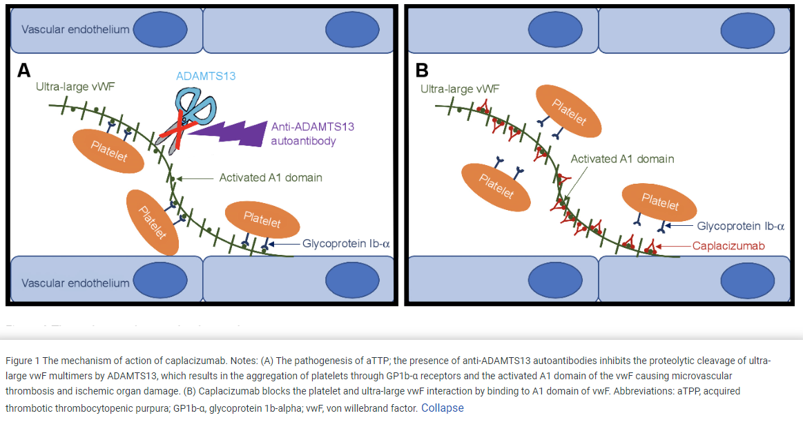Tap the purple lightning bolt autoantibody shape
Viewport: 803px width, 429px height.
pyautogui.click(x=228, y=131)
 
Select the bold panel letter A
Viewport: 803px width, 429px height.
pyautogui.click(x=24, y=70)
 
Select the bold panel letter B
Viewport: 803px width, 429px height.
pyautogui.click(x=422, y=70)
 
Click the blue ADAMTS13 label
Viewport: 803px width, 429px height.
pyautogui.click(x=206, y=75)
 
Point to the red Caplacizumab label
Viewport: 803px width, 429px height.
pyautogui.click(x=728, y=245)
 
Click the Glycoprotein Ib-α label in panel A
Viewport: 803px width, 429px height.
pyautogui.click(x=346, y=243)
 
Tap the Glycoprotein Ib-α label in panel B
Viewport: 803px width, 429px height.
pyautogui.click(x=740, y=226)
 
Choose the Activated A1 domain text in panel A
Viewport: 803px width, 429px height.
pyautogui.click(x=271, y=178)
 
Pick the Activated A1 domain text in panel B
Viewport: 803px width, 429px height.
pyautogui.click(x=622, y=159)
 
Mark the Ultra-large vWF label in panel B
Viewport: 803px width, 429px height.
pyautogui.click(x=459, y=88)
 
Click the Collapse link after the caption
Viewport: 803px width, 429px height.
pyautogui.click(x=443, y=408)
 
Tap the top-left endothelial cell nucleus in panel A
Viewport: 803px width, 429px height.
pyautogui.click(x=160, y=29)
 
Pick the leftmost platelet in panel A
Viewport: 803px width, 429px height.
pyautogui.click(x=108, y=151)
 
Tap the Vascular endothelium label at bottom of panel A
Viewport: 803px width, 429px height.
pyautogui.click(x=75, y=283)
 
